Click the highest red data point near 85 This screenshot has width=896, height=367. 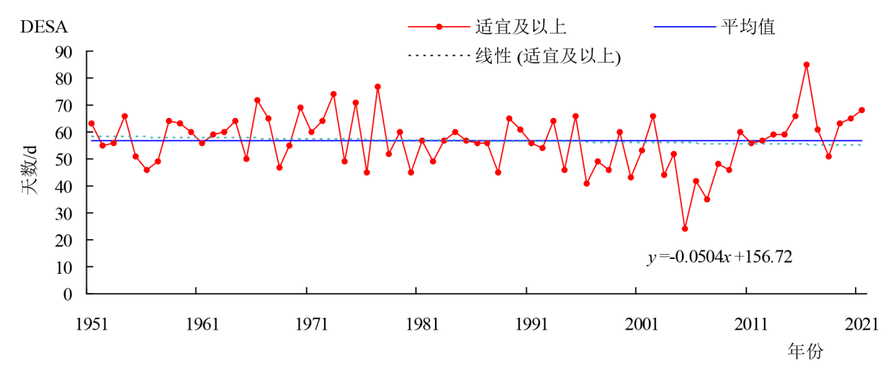[806, 64]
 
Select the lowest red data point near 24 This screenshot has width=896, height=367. [685, 229]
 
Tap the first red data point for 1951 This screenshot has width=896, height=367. [91, 124]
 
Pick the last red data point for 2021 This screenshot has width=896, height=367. [861, 110]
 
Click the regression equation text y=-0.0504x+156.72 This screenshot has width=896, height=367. [719, 257]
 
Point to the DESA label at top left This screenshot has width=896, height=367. [44, 28]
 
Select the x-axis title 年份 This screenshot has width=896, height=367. [805, 351]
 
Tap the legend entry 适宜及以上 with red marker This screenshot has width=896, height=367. [521, 28]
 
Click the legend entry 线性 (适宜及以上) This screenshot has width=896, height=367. [548, 56]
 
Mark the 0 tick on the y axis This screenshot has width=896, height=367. [69, 294]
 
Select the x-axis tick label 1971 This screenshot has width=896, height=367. [311, 325]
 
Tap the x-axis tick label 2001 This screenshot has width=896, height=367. [642, 325]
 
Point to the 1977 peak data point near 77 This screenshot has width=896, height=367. [378, 86]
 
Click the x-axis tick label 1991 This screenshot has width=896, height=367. [532, 325]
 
